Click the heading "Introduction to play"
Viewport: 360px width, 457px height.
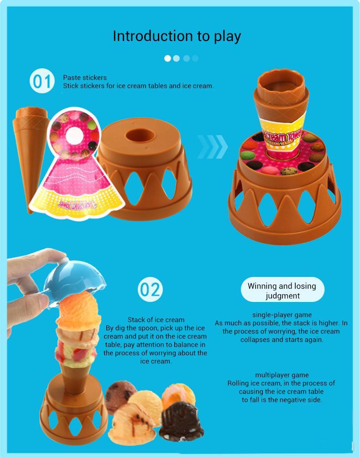[x=177, y=36]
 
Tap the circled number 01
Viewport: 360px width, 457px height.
[x=42, y=81]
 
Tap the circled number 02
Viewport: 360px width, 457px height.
[x=150, y=290]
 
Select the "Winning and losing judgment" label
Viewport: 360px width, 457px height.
[x=282, y=291]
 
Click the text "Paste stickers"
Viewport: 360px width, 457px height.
[x=85, y=78]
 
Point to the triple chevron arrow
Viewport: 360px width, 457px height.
[x=213, y=146]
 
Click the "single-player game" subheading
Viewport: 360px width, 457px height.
[x=282, y=315]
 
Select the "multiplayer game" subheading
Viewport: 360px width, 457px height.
[x=282, y=375]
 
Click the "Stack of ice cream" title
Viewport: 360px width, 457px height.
[x=156, y=320]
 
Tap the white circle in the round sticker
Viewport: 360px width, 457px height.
[x=74, y=136]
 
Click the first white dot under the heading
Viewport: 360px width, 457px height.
[x=167, y=58]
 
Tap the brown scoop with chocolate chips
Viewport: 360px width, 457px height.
[x=120, y=396]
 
